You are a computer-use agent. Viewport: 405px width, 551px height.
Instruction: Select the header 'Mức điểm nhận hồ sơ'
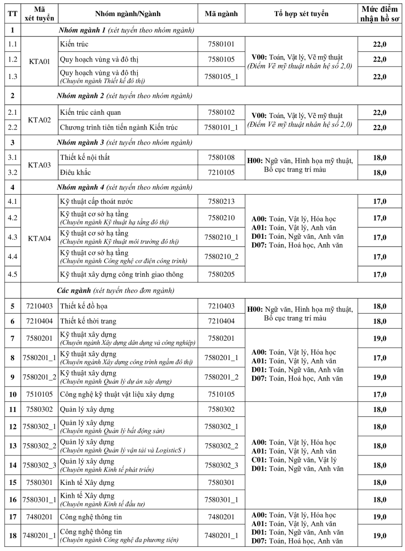(x=380, y=14)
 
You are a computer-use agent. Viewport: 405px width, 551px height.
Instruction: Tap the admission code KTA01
(x=39, y=60)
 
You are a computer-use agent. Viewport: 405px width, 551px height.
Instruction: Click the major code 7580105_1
(x=223, y=76)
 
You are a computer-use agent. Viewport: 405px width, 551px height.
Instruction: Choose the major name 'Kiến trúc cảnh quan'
(x=90, y=112)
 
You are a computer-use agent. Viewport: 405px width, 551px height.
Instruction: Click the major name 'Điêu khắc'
(x=75, y=172)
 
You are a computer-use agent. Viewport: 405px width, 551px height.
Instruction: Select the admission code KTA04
(x=39, y=238)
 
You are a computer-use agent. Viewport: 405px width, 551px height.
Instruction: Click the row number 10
(x=11, y=394)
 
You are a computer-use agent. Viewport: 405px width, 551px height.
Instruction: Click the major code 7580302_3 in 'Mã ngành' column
(x=223, y=466)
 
